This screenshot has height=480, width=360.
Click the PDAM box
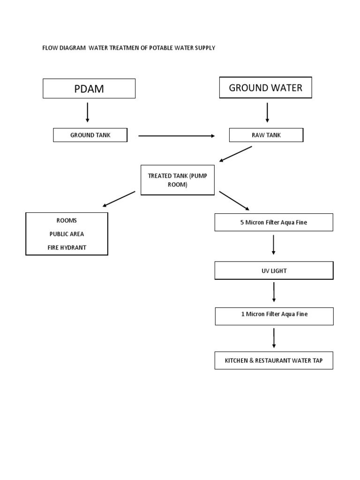[x=89, y=89]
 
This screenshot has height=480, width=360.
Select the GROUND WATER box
[x=265, y=88]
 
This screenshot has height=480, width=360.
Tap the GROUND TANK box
[x=90, y=135]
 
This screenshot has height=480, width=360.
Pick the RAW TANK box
[x=266, y=135]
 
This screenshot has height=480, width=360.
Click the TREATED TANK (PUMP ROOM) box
[x=178, y=180]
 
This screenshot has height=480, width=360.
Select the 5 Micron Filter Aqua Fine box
[x=274, y=222]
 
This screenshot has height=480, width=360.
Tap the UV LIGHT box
[x=274, y=271]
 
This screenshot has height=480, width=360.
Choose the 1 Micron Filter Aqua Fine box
[x=274, y=314]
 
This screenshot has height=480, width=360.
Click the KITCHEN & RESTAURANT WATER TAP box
[x=274, y=360]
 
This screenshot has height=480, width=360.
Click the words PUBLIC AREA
[x=67, y=234]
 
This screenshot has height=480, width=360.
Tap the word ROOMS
[x=67, y=220]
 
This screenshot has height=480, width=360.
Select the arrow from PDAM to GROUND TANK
[x=88, y=112]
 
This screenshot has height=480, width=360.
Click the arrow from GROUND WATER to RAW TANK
[x=267, y=112]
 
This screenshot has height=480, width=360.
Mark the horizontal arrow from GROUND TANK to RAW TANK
[x=176, y=136]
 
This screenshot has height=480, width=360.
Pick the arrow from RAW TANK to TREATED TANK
[x=236, y=154]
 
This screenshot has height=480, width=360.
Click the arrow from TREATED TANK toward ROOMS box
[x=120, y=199]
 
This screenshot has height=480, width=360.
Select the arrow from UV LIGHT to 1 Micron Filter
[x=274, y=292]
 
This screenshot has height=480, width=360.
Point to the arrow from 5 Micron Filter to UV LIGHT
[x=274, y=245]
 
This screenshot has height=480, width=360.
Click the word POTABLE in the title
[x=163, y=48]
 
